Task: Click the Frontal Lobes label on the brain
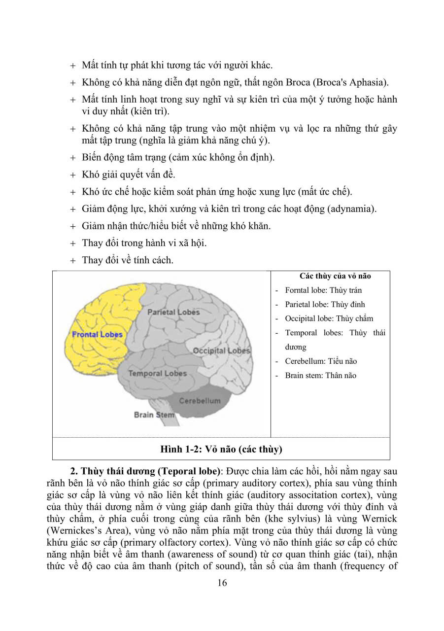tap(97, 334)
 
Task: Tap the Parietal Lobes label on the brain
tap(173, 312)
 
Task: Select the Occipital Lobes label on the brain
tap(221, 351)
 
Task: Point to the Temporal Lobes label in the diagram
tap(157, 373)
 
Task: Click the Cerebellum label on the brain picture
tap(200, 401)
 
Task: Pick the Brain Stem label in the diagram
tap(154, 415)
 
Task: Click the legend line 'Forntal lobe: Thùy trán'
tap(323, 290)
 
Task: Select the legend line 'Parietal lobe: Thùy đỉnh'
tap(325, 305)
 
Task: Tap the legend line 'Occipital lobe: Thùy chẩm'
tap(329, 318)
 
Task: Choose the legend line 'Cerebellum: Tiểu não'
tap(321, 361)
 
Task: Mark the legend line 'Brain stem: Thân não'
tap(320, 376)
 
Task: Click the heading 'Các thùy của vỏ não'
tap(335, 276)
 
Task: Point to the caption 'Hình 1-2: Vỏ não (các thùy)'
tap(221, 449)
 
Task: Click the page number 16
tap(222, 583)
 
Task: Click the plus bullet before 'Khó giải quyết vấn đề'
tap(73, 175)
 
